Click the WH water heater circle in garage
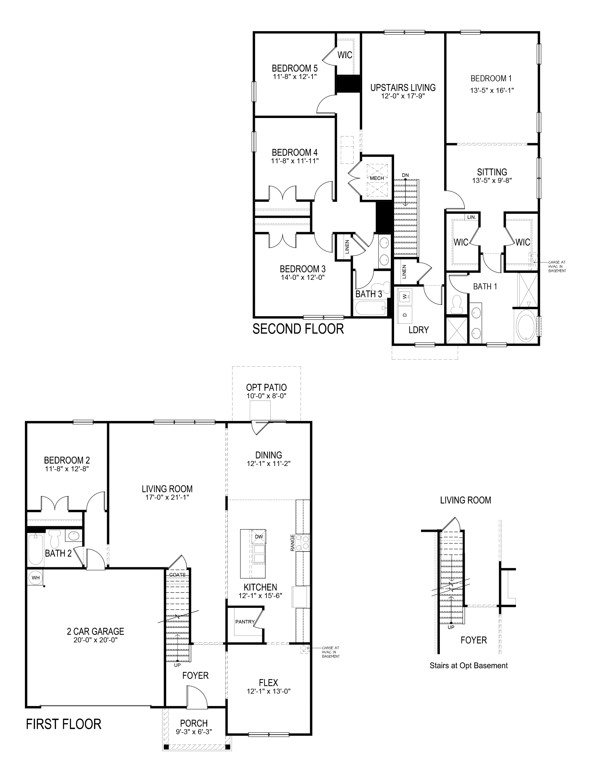[36, 577]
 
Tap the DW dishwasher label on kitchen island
[259, 537]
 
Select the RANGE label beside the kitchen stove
[292, 542]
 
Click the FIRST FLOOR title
[64, 724]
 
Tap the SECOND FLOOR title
[298, 329]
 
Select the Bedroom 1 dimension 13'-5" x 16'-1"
[492, 90]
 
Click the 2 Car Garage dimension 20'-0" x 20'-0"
[96, 640]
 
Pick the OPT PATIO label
[266, 387]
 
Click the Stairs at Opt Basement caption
[469, 666]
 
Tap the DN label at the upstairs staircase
[405, 175]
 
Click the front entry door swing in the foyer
[197, 697]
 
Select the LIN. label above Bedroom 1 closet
[471, 217]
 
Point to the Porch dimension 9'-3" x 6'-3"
[194, 732]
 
